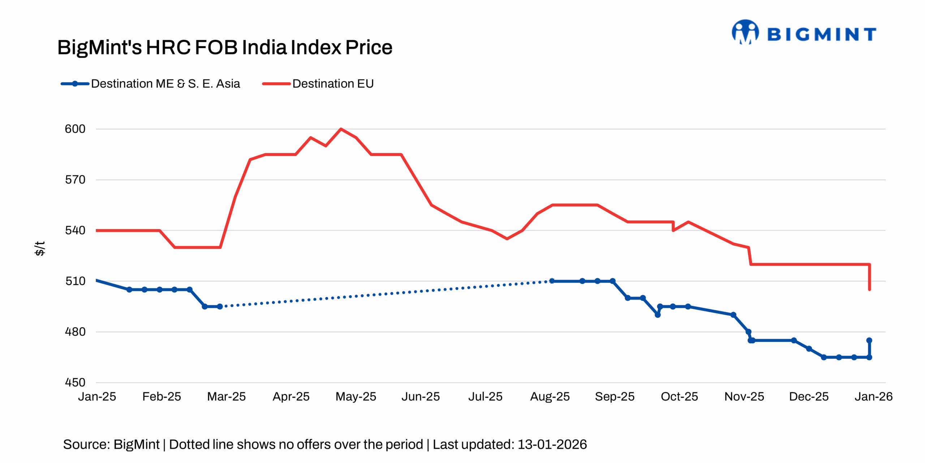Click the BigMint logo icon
tap(745, 33)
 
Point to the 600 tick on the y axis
tap(75, 129)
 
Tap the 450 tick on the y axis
tap(75, 382)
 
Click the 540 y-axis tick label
tap(75, 230)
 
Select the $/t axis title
tap(40, 249)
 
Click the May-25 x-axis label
tap(356, 397)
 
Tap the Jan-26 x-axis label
tap(873, 397)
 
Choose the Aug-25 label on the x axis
tap(550, 397)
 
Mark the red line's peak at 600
tap(341, 129)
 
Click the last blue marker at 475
tap(869, 340)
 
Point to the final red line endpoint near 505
tap(869, 289)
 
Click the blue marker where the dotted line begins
tap(220, 306)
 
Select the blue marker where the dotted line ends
tap(552, 281)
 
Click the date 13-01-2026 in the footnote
tap(552, 444)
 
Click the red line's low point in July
tap(507, 239)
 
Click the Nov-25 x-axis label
tap(744, 397)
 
